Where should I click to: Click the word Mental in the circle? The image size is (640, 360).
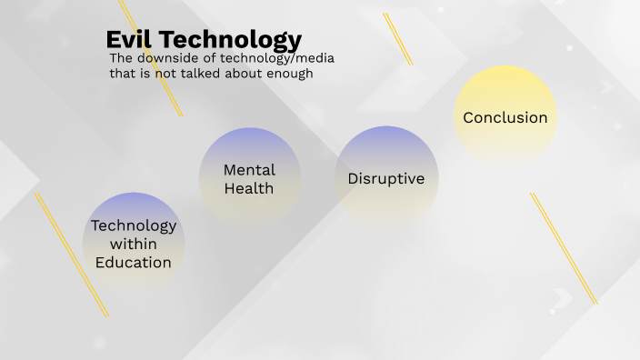click(249, 170)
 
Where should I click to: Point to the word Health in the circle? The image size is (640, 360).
click(249, 188)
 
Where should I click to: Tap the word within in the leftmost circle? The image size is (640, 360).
click(134, 244)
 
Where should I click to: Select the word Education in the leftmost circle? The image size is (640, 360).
click(134, 262)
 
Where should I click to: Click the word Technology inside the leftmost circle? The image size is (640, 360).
click(134, 225)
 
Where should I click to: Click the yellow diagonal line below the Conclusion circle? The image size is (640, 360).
click(564, 247)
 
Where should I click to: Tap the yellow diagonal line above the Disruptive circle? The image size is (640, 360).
click(398, 38)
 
